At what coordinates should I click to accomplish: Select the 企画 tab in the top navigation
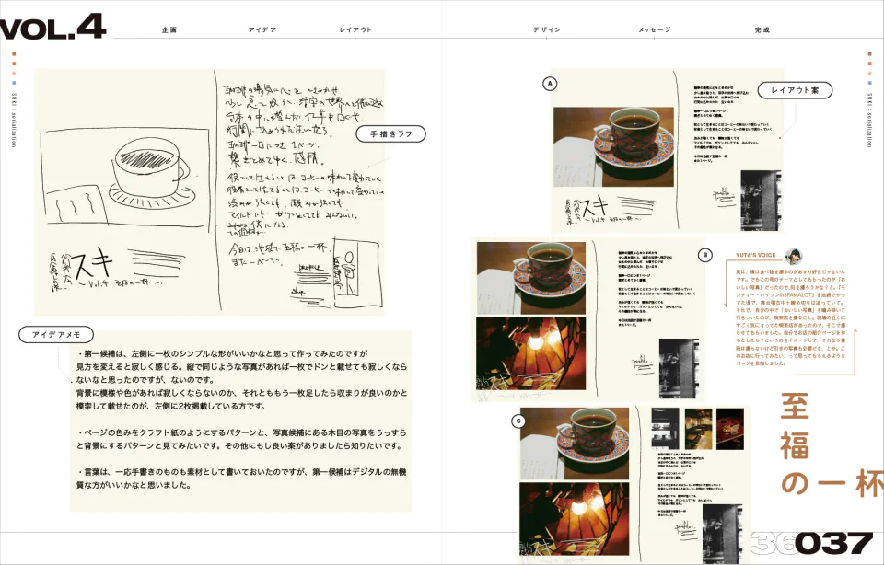(x=169, y=30)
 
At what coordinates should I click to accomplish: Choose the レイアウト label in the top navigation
(x=355, y=30)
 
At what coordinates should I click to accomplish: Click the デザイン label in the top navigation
(x=546, y=30)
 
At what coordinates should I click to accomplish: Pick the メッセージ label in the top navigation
(x=654, y=30)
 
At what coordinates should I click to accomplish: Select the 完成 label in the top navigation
(x=762, y=30)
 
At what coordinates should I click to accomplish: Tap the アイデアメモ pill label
(x=56, y=335)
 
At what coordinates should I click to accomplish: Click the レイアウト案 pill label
(x=795, y=90)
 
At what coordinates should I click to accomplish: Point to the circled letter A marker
(x=550, y=84)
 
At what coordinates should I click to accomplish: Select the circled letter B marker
(x=705, y=255)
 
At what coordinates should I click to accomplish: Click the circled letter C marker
(x=518, y=421)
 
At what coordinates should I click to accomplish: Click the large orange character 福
(x=796, y=444)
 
